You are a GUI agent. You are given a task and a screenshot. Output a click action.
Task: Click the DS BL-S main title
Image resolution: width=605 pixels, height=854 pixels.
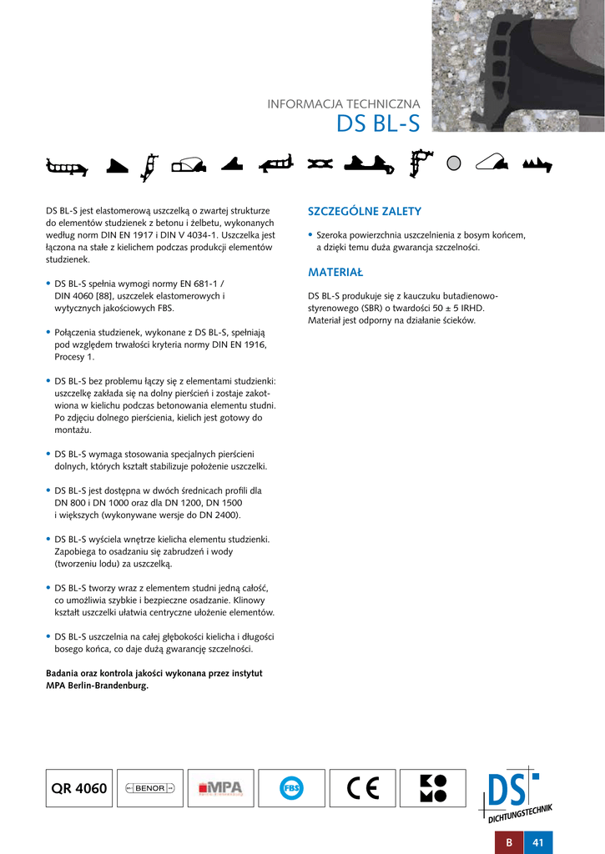(x=378, y=123)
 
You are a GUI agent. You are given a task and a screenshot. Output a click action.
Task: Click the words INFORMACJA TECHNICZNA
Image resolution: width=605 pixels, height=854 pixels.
(x=343, y=104)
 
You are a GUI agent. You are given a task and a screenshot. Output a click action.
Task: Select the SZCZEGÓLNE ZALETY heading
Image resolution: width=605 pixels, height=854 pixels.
(x=365, y=212)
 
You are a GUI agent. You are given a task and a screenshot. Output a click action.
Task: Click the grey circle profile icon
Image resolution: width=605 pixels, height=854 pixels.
(x=454, y=163)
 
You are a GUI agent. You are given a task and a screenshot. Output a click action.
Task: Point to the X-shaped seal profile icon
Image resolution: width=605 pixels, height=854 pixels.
(x=320, y=164)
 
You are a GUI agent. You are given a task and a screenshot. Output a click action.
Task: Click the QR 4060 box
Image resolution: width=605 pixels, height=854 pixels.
(x=79, y=788)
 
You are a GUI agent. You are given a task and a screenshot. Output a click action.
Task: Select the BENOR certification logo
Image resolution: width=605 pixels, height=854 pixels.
(x=150, y=788)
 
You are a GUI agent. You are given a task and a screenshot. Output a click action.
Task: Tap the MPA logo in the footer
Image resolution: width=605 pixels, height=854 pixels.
(x=220, y=788)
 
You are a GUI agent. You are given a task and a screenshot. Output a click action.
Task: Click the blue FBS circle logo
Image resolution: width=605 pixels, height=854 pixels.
(x=291, y=788)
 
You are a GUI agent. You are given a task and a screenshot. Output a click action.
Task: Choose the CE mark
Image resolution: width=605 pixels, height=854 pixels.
(x=362, y=788)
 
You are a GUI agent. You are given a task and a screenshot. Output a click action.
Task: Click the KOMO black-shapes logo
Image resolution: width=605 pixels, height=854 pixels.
(x=433, y=788)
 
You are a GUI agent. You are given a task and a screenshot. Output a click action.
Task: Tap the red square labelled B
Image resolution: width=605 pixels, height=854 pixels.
(x=508, y=842)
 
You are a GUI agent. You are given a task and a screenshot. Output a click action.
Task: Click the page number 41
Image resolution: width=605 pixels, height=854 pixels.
(x=538, y=842)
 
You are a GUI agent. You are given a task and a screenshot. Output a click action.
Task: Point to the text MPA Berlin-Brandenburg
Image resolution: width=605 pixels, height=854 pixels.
(x=97, y=686)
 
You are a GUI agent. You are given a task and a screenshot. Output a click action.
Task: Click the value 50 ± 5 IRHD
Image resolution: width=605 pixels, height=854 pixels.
(x=457, y=308)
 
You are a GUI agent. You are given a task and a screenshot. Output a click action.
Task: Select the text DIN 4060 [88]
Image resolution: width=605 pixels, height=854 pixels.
(x=85, y=296)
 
